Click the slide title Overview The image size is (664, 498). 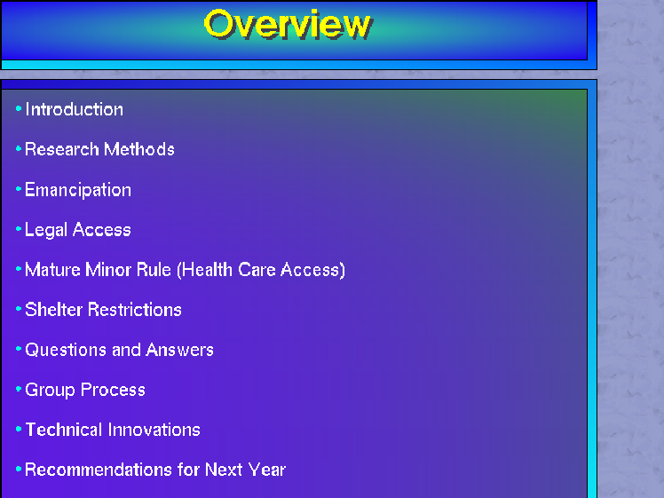click(x=288, y=25)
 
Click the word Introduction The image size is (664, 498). click(x=74, y=110)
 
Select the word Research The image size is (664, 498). click(x=62, y=149)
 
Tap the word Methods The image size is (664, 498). click(x=139, y=149)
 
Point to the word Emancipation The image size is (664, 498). click(x=78, y=190)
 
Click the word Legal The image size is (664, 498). click(x=46, y=231)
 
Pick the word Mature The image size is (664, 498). click(x=52, y=270)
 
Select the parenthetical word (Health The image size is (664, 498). click(x=204, y=270)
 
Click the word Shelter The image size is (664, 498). click(x=54, y=310)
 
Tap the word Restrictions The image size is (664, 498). click(x=135, y=310)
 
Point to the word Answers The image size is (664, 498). click(x=179, y=350)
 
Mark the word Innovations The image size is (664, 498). click(x=154, y=430)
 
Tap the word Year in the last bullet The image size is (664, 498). click(x=267, y=470)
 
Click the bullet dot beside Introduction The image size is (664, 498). click(x=19, y=109)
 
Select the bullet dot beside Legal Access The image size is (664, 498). click(x=19, y=229)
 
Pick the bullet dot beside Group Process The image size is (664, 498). click(x=19, y=389)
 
